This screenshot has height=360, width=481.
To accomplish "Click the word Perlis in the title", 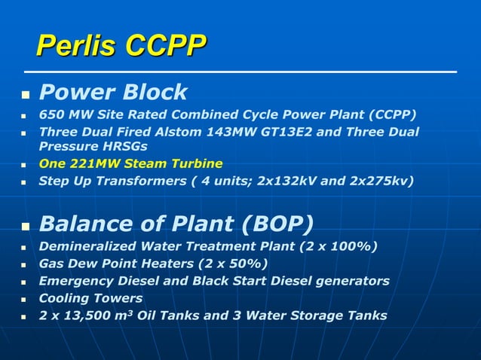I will (x=77, y=46).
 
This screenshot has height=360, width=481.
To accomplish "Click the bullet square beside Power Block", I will (x=24, y=96).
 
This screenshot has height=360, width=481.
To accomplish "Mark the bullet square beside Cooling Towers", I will (x=24, y=299).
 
